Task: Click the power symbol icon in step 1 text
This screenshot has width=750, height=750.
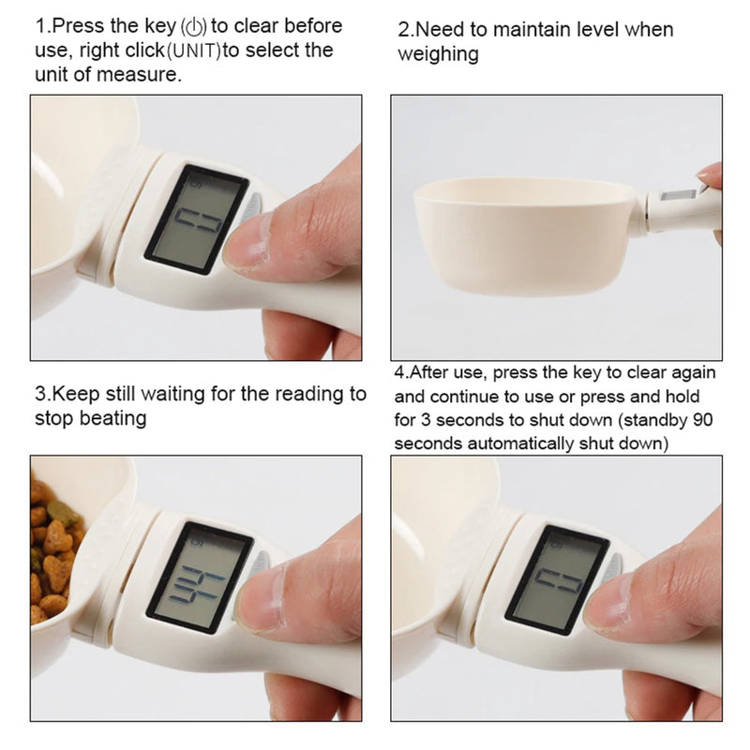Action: coord(198,26)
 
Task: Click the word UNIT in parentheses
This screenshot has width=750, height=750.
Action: coord(194,51)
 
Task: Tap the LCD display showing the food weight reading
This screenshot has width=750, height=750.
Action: coord(202,576)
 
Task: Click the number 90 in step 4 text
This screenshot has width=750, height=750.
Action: coord(698,420)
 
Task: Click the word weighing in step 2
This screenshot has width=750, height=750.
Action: coord(437,54)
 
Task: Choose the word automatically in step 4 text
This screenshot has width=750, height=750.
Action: coord(520,442)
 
